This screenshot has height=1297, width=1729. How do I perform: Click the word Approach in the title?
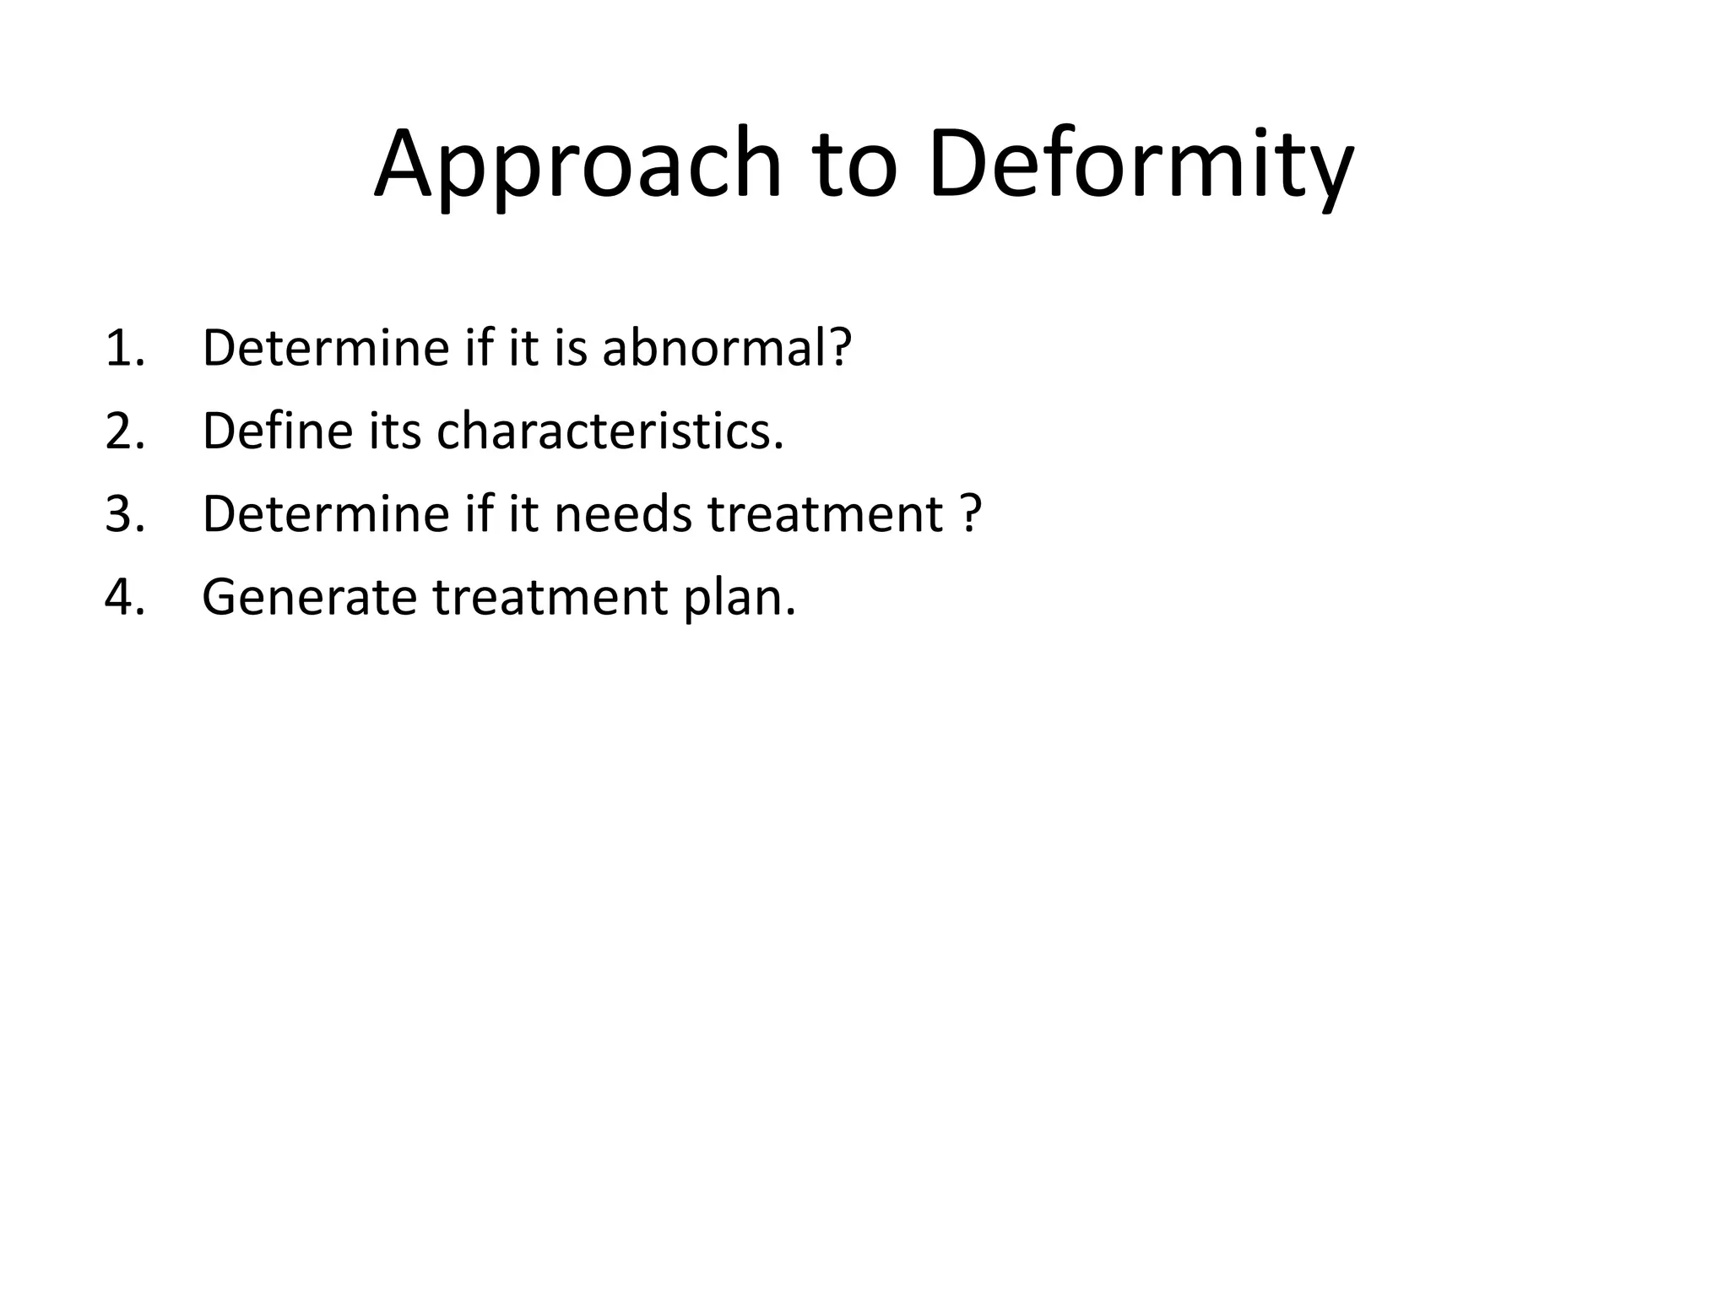click(577, 165)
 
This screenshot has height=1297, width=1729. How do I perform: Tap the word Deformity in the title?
click(1141, 165)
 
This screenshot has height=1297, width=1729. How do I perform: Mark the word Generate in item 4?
click(309, 596)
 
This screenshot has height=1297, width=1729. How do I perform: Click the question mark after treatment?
click(971, 513)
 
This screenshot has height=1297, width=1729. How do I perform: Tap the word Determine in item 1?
click(326, 348)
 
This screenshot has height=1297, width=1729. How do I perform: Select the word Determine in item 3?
click(326, 513)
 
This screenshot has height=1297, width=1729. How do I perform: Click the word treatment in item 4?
click(550, 596)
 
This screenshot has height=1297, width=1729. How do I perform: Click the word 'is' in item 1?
click(571, 348)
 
